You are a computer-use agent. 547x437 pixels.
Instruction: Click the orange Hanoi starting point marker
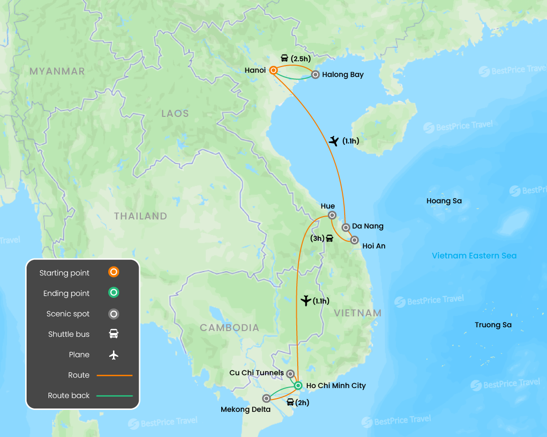pyautogui.click(x=273, y=70)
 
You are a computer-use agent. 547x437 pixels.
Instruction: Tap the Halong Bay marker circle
pyautogui.click(x=315, y=75)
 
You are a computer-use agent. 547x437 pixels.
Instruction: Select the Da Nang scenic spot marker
pyautogui.click(x=346, y=227)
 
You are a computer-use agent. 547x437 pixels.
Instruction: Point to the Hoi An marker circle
pyautogui.click(x=354, y=240)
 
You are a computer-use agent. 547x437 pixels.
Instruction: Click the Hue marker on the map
pyautogui.click(x=333, y=215)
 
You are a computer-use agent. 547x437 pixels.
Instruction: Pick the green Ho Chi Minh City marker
pyautogui.click(x=298, y=385)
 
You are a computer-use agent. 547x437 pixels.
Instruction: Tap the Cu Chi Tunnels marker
pyautogui.click(x=291, y=374)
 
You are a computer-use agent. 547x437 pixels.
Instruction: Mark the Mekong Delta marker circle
pyautogui.click(x=267, y=399)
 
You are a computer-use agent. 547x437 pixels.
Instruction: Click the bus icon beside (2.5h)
pyautogui.click(x=284, y=58)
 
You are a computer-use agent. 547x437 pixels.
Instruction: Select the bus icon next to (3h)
pyautogui.click(x=330, y=238)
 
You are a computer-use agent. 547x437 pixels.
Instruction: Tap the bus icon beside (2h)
pyautogui.click(x=290, y=402)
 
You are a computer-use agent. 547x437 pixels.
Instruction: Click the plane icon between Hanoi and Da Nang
pyautogui.click(x=334, y=141)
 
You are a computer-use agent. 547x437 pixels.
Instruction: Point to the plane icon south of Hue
pyautogui.click(x=306, y=301)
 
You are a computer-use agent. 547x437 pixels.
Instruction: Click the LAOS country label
pyautogui.click(x=175, y=114)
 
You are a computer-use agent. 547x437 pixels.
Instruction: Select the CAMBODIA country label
pyautogui.click(x=229, y=328)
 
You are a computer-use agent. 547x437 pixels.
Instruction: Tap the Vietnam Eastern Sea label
pyautogui.click(x=474, y=256)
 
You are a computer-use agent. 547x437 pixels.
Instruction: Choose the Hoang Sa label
pyautogui.click(x=444, y=201)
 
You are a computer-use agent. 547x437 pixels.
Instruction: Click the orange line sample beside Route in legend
pyautogui.click(x=114, y=375)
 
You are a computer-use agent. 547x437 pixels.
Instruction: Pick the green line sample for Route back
pyautogui.click(x=114, y=396)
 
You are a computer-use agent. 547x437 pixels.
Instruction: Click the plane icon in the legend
pyautogui.click(x=113, y=355)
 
